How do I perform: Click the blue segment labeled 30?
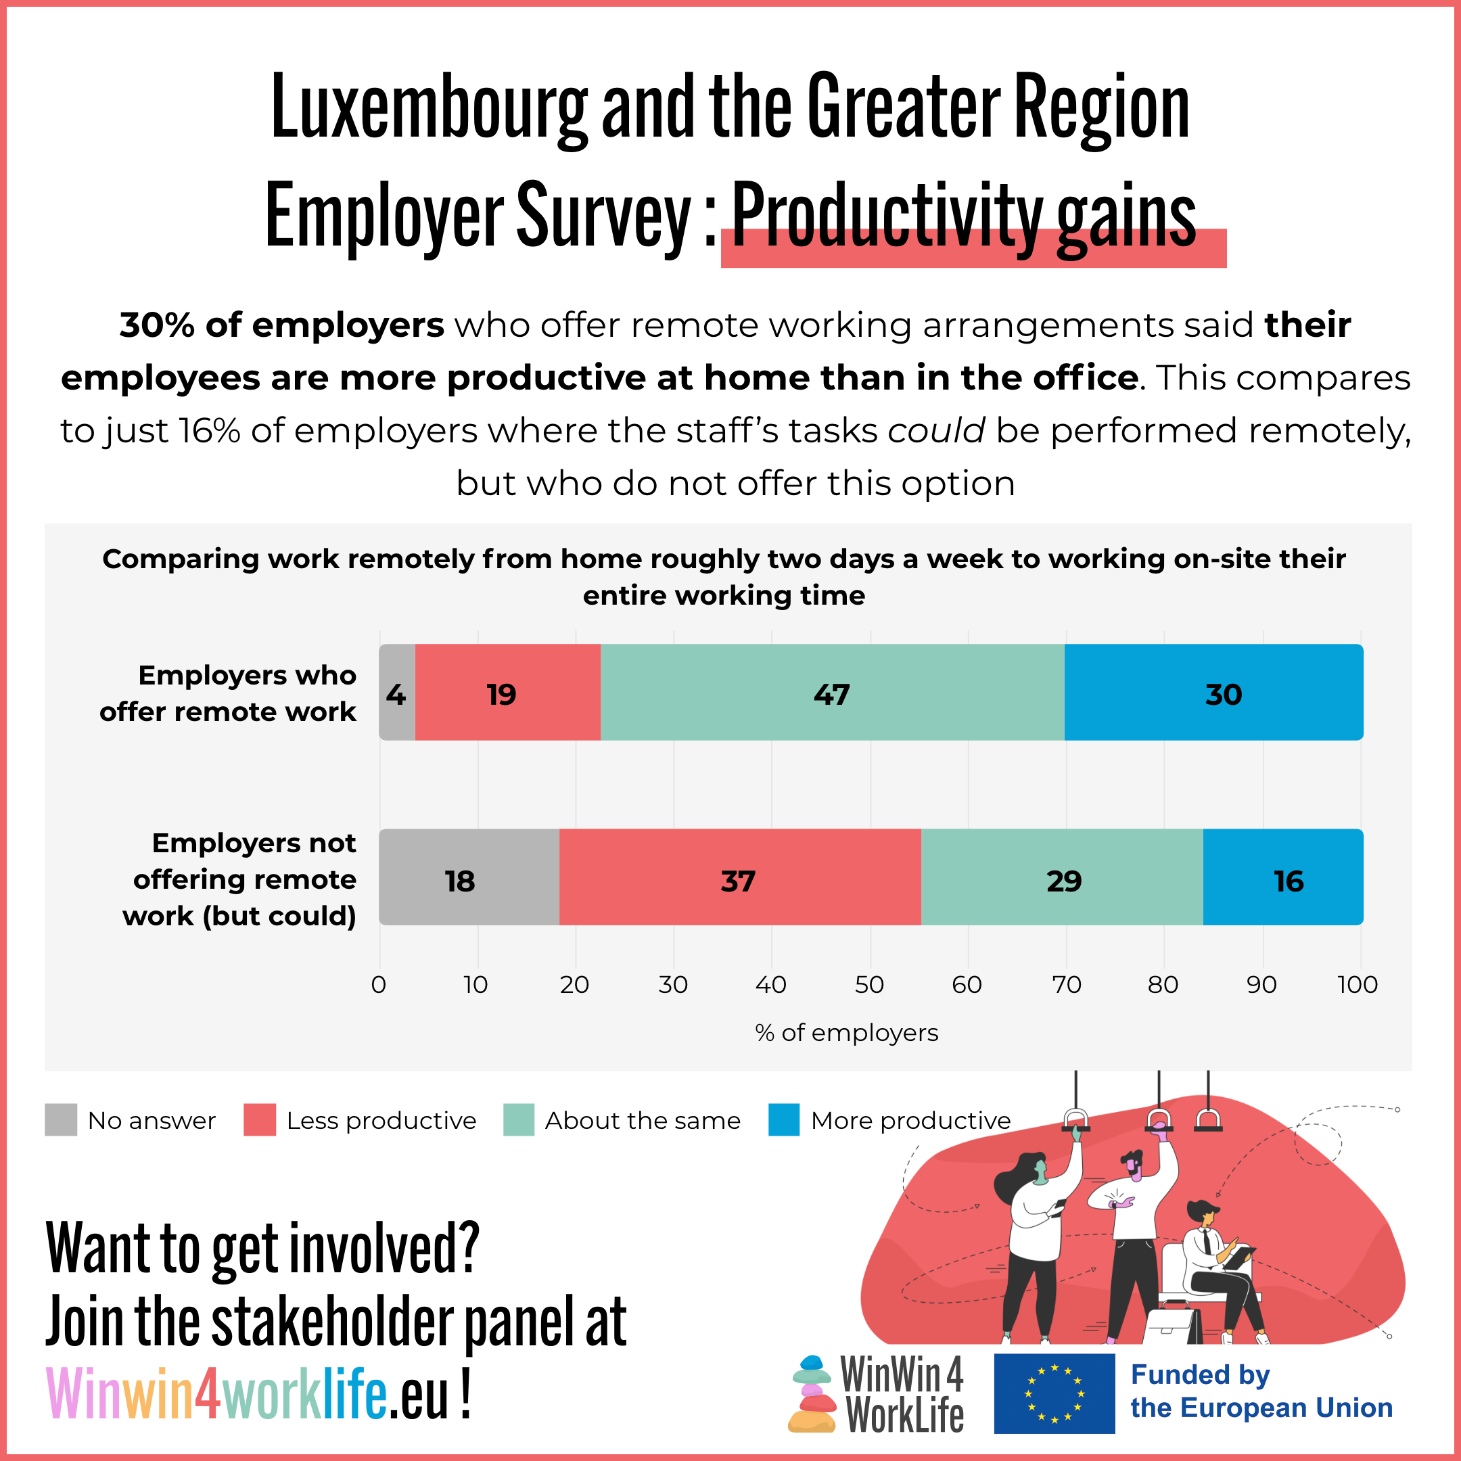[1213, 692]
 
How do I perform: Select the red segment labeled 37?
[739, 877]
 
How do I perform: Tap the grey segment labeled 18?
[469, 877]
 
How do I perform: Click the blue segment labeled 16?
[1282, 877]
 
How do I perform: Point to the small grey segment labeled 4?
[397, 692]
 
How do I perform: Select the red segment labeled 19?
[507, 692]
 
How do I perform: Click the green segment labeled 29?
[1062, 877]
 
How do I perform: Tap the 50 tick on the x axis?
[869, 985]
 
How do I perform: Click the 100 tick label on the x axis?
[1358, 985]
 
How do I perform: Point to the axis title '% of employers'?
[846, 1033]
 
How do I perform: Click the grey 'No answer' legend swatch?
[60, 1120]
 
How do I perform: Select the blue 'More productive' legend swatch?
[783, 1120]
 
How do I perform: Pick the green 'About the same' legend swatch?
[519, 1120]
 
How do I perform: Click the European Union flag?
[1054, 1393]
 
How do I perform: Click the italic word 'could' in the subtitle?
[936, 431]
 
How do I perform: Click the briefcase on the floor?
[1172, 1327]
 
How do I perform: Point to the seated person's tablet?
[1237, 1258]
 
